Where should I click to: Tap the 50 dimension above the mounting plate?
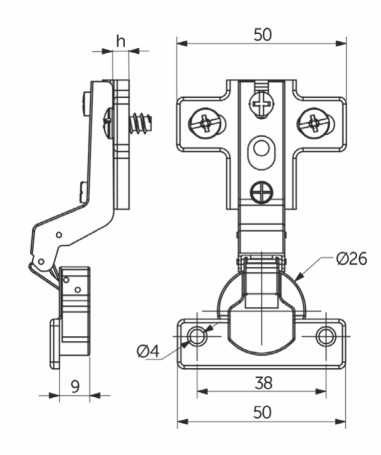(x=262, y=32)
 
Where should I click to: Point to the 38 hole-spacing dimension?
(x=262, y=380)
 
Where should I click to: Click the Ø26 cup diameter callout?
(x=352, y=259)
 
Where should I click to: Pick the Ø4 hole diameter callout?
(x=147, y=350)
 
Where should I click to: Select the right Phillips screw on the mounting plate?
(x=316, y=124)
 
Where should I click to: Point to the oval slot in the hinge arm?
(x=262, y=148)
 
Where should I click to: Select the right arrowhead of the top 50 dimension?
(x=345, y=42)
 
